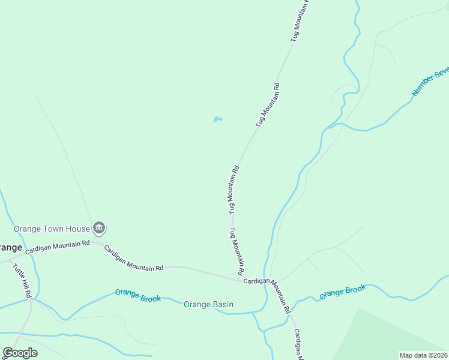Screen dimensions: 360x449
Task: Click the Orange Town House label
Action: [x=52, y=229]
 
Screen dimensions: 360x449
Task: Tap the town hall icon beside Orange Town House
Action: [x=99, y=228]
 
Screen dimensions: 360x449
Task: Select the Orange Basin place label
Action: [x=208, y=305]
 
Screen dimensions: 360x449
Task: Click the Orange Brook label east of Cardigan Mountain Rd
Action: [x=342, y=292]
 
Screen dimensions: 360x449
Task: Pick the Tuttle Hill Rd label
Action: [x=23, y=277]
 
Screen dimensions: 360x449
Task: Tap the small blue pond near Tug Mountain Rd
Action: [x=217, y=119]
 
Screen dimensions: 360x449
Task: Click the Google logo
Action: [x=20, y=353]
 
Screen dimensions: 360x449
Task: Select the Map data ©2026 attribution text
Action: [x=424, y=355]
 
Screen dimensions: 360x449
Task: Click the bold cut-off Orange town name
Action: [x=11, y=248]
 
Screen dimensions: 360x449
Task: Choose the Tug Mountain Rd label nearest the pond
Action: [x=268, y=104]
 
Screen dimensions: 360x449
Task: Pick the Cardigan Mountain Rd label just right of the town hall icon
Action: [x=133, y=258]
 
